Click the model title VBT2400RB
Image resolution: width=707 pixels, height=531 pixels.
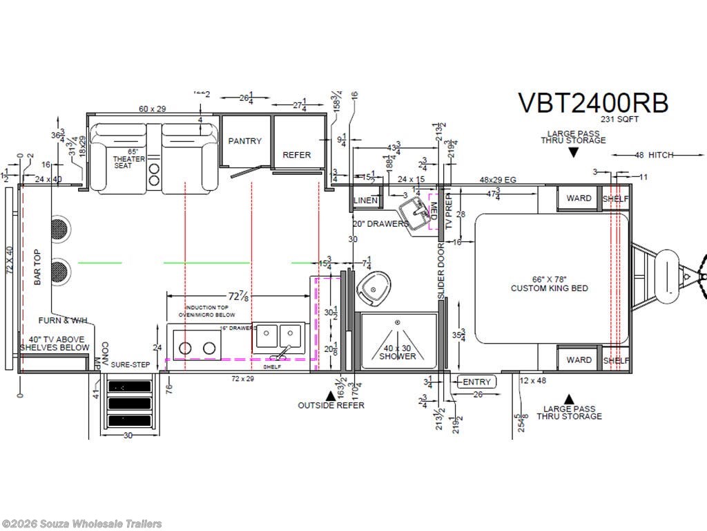pyautogui.click(x=593, y=103)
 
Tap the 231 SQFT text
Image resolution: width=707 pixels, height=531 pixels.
pyautogui.click(x=619, y=119)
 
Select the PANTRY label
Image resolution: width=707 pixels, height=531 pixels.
pyautogui.click(x=245, y=141)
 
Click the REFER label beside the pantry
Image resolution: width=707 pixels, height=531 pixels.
pyautogui.click(x=297, y=155)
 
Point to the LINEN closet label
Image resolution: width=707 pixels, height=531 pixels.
pyautogui.click(x=366, y=201)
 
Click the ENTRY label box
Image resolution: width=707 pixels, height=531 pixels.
pyautogui.click(x=476, y=382)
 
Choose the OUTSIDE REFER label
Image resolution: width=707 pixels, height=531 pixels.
pyautogui.click(x=331, y=405)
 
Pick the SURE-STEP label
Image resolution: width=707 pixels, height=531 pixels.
pyautogui.click(x=131, y=364)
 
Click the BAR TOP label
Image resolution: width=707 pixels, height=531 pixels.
pyautogui.click(x=38, y=268)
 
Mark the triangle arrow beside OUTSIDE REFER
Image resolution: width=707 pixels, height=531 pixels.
pyautogui.click(x=331, y=395)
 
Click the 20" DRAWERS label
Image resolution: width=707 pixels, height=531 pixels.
pyautogui.click(x=380, y=223)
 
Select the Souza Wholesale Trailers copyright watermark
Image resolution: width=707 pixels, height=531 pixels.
pyautogui.click(x=82, y=523)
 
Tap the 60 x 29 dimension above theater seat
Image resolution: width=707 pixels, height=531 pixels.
pyautogui.click(x=153, y=109)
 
